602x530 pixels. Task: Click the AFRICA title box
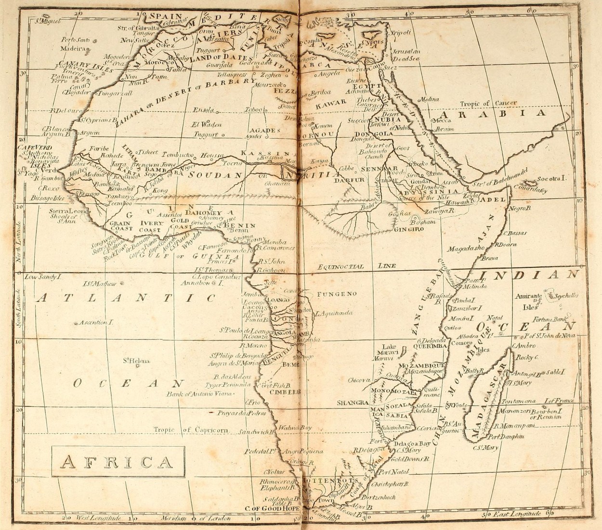pos(118,462)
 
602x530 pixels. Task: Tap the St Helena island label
pos(136,360)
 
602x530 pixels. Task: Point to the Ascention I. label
pos(96,321)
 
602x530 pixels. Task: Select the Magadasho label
pos(464,249)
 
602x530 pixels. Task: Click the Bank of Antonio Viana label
pos(200,394)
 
